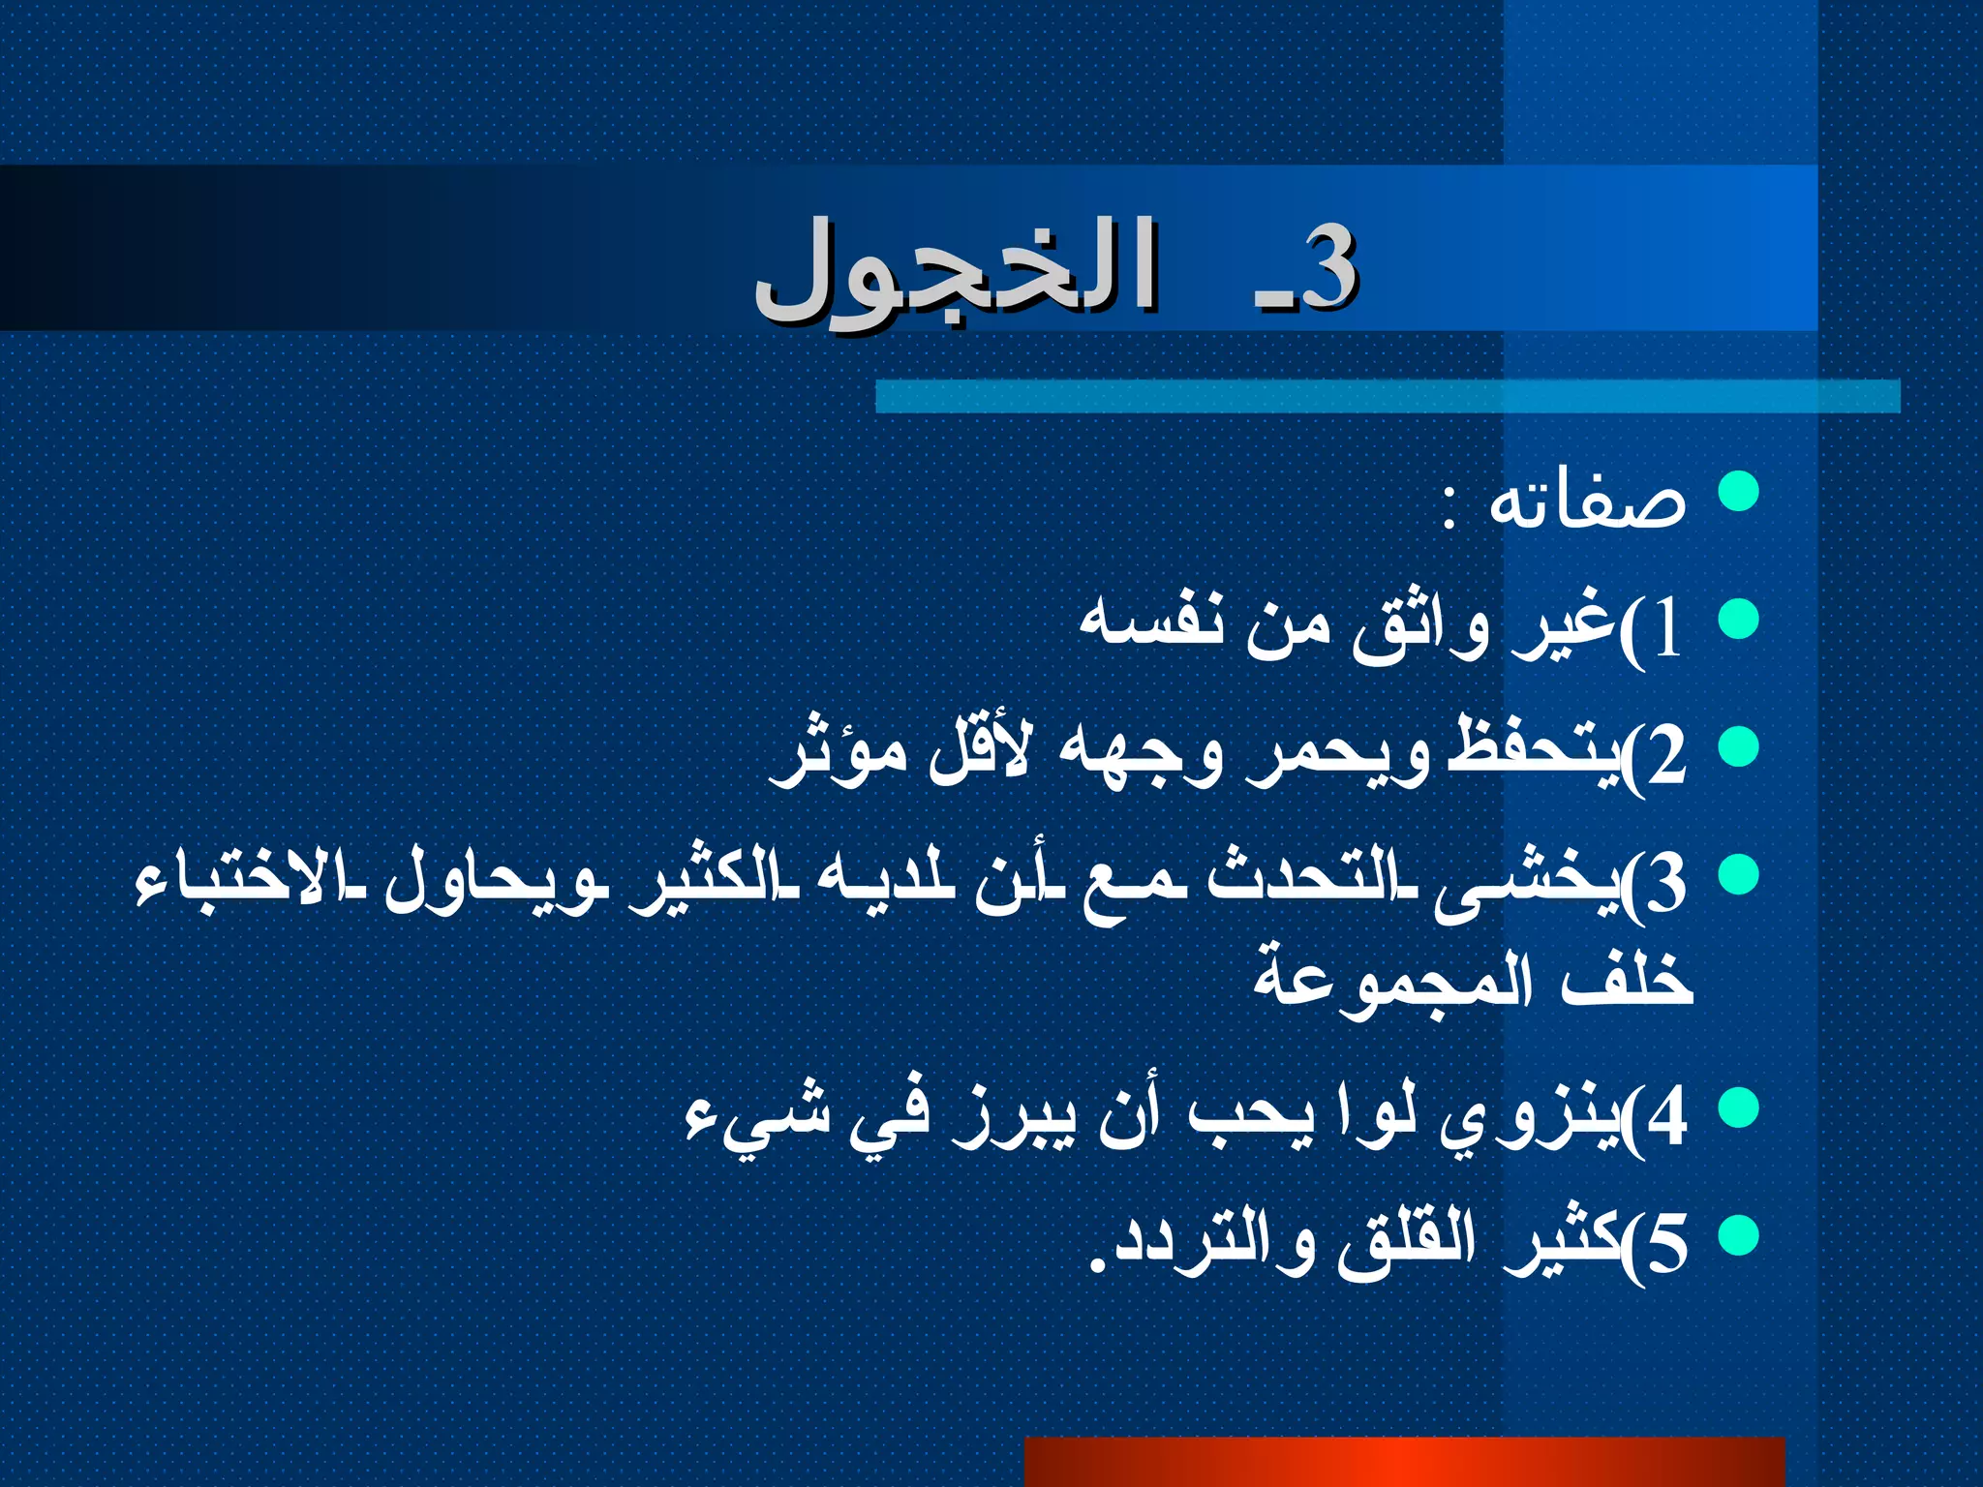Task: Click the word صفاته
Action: click(x=1588, y=501)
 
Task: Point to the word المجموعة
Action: click(x=1394, y=983)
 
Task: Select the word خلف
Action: click(x=1627, y=978)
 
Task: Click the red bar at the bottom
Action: click(x=1404, y=1462)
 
